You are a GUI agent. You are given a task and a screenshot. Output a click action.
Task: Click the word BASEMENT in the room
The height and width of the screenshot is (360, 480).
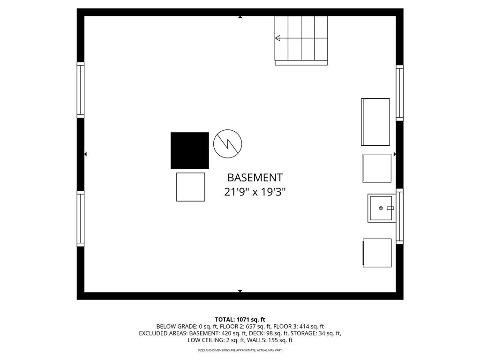255,178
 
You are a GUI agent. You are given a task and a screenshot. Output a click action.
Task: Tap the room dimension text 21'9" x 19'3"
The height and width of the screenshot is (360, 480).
255,192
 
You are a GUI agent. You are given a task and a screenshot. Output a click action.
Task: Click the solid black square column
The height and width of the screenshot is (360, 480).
189,150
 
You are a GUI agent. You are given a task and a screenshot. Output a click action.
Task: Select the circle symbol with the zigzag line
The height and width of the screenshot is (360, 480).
227,143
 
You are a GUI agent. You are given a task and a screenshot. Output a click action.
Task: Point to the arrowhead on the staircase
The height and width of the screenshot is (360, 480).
277,38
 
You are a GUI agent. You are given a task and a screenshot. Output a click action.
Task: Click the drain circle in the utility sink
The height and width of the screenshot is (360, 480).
381,208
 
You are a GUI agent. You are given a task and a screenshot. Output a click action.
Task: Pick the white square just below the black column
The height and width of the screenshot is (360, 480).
190,187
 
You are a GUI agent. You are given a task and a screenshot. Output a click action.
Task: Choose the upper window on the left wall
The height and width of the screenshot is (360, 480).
81,90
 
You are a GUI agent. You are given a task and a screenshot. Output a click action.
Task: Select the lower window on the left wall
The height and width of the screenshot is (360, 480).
81,218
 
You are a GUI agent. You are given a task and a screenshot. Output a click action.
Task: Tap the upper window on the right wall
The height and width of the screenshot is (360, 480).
399,93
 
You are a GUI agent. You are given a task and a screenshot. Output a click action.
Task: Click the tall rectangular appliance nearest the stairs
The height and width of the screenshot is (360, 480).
375,122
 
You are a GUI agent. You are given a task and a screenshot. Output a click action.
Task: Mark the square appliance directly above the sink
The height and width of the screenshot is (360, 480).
377,168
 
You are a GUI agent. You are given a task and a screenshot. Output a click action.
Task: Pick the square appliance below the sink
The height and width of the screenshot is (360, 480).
377,253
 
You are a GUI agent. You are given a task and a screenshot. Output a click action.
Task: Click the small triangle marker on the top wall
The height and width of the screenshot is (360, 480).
240,17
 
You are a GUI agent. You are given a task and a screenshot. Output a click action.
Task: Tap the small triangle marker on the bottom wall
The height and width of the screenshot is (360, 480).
240,291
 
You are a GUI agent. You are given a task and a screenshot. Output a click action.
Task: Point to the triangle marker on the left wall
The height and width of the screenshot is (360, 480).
85,154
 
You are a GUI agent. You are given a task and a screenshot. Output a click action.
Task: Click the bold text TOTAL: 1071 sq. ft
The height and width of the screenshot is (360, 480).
240,320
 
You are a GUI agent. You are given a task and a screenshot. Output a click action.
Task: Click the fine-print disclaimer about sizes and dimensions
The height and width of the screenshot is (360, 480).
240,350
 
